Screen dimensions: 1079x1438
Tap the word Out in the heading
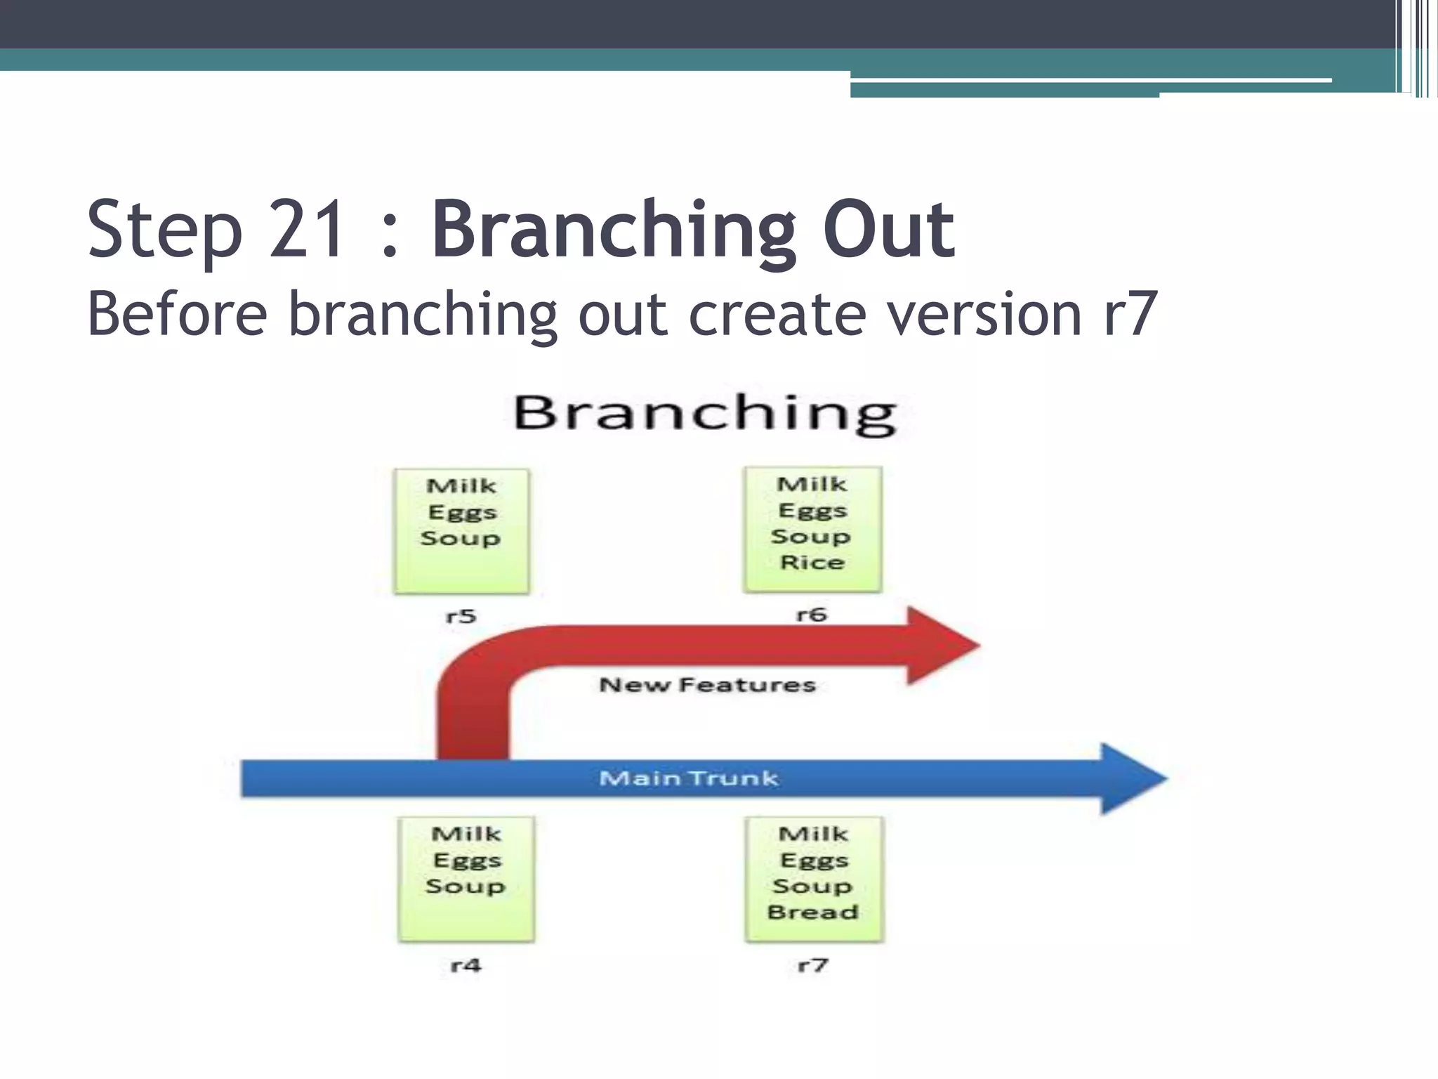pos(888,230)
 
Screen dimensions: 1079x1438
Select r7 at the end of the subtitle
pos(1129,314)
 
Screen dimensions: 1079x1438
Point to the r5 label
pos(461,617)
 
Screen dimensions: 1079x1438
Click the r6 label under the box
pos(811,615)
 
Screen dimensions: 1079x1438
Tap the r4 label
pos(466,965)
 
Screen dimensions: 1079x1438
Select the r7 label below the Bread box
pos(813,965)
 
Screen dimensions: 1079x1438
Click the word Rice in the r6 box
pos(812,563)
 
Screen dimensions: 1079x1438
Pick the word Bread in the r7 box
pos(813,912)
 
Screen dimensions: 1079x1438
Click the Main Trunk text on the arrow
pos(689,778)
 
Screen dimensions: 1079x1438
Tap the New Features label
pos(707,685)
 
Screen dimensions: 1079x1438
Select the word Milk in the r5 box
pos(461,486)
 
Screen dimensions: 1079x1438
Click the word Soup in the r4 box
pos(466,886)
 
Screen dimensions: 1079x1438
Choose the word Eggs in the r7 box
pos(814,860)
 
